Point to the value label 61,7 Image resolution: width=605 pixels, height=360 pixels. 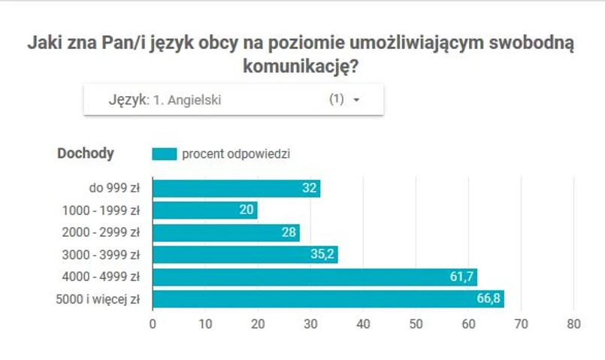coord(460,277)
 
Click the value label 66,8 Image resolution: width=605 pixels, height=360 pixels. coord(487,299)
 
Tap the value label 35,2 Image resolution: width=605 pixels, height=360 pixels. coord(322,255)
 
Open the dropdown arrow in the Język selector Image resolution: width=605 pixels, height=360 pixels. coord(356,100)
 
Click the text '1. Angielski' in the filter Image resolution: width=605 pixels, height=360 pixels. coord(187,99)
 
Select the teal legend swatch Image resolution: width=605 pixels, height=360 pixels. coord(164,153)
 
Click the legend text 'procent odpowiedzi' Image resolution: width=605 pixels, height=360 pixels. coord(236,153)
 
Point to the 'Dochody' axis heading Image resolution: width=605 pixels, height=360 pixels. coord(86,153)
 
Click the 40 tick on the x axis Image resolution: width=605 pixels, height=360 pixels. coord(363,324)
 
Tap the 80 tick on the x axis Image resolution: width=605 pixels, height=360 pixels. coord(574,324)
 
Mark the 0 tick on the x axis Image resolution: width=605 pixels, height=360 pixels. coord(153,324)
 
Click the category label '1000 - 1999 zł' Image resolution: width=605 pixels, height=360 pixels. coord(104,210)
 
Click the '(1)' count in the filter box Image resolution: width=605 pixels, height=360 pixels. coord(337,99)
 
